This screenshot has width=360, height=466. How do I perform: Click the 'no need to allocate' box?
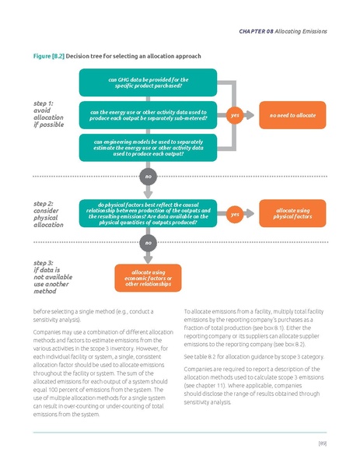tap(292, 115)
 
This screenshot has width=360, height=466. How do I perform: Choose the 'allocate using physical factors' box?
tap(292, 212)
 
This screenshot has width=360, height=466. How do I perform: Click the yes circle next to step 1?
tap(234, 115)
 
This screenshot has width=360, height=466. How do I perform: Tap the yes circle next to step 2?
tap(234, 213)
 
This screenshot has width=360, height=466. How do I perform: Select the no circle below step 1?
tap(147, 176)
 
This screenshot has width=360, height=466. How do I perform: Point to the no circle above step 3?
tap(147, 244)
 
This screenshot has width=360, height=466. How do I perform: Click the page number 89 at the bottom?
tap(321, 443)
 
